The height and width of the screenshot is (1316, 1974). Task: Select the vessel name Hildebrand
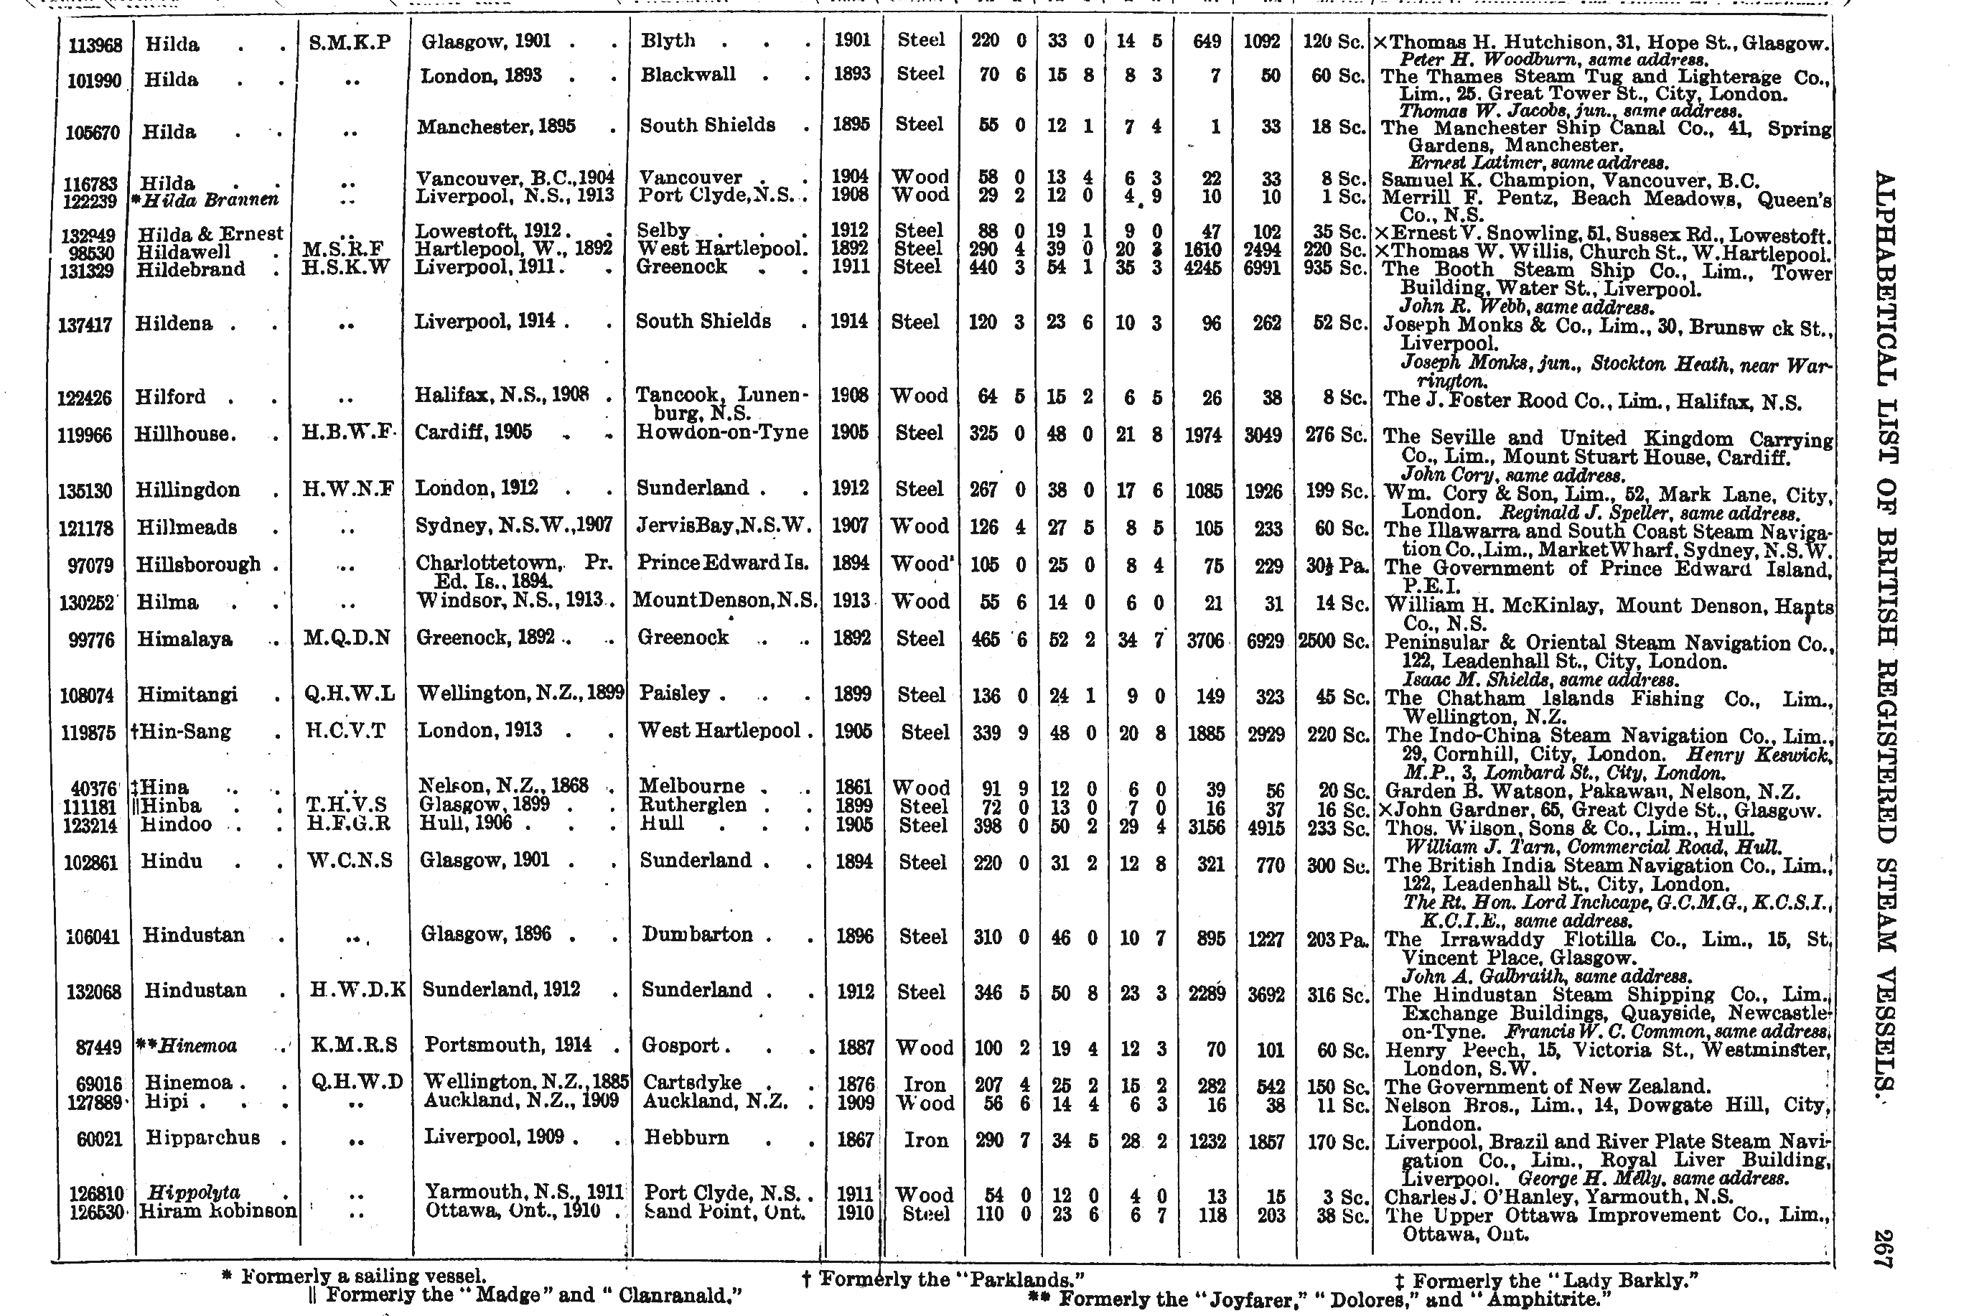(x=191, y=269)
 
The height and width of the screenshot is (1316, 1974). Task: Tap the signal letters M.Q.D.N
(x=347, y=638)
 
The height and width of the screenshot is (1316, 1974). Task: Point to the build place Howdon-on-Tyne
(x=722, y=432)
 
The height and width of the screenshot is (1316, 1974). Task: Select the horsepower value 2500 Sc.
(x=1332, y=641)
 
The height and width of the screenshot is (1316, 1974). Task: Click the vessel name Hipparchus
(x=202, y=1138)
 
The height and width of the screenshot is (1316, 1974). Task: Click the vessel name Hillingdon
(x=188, y=490)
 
